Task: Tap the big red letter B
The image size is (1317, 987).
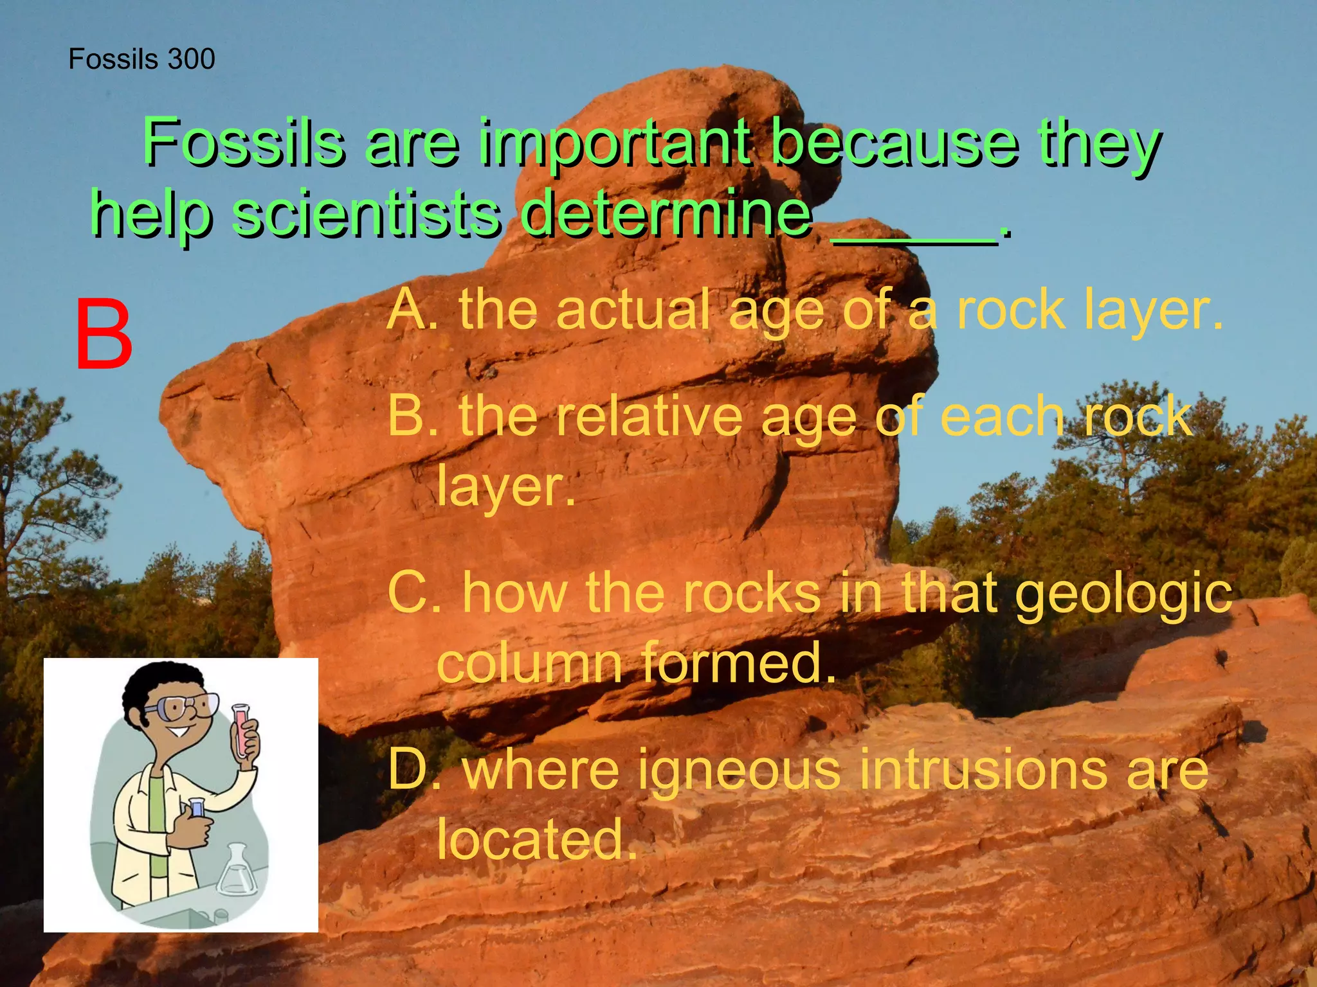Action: (x=104, y=336)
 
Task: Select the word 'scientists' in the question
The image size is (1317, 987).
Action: (x=367, y=213)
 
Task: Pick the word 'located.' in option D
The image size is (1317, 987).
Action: (x=538, y=839)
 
